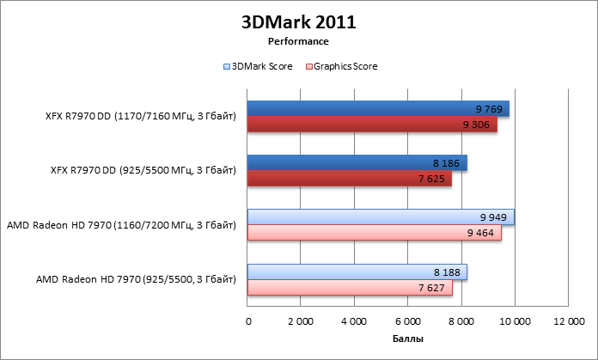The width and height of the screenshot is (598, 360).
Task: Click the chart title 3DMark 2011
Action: pos(298,21)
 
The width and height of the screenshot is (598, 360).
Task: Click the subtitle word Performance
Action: pos(298,40)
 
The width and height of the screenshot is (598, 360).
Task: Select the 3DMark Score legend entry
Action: pos(258,65)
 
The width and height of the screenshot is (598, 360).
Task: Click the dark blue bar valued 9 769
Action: pos(378,108)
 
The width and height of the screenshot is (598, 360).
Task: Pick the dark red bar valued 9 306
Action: pos(372,125)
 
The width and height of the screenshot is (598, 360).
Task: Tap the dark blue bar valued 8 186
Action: pos(357,162)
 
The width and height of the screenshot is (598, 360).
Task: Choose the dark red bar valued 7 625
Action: pos(350,179)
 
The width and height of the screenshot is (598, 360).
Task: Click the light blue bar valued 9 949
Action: pos(381,217)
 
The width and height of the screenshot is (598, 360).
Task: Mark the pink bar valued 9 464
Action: pos(375,233)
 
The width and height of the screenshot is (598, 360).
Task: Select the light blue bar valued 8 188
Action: pos(357,272)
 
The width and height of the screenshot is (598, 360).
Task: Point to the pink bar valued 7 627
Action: pos(350,287)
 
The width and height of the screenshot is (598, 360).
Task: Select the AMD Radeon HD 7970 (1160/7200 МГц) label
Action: pos(121,225)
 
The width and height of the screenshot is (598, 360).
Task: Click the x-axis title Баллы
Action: pos(407,339)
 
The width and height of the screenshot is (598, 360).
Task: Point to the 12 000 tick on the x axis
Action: pos(568,321)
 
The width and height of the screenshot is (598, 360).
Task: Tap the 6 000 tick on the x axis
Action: pos(408,321)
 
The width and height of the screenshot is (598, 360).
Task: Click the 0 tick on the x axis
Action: pos(248,321)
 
